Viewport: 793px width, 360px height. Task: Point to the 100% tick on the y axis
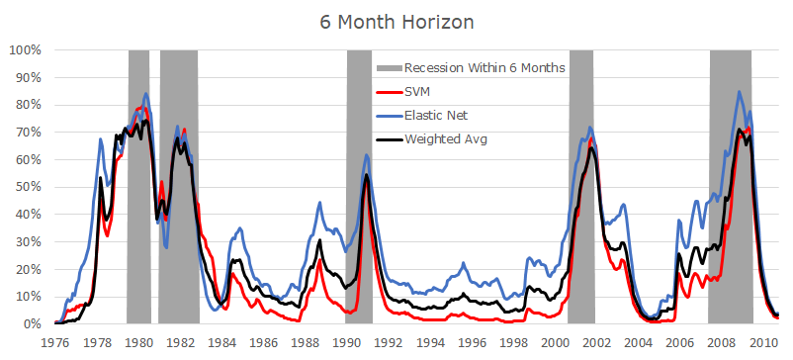tap(24, 49)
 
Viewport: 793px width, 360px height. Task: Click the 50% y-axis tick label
tap(27, 187)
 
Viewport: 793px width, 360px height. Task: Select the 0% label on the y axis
tap(31, 323)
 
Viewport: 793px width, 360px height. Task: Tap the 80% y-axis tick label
tap(27, 105)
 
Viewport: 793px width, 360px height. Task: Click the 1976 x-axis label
tap(55, 342)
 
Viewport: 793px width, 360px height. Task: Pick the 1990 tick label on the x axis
tap(346, 342)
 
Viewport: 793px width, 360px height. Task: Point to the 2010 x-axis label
tap(761, 342)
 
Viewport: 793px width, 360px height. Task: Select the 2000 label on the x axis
tap(554, 342)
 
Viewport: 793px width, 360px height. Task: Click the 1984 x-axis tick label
tap(221, 342)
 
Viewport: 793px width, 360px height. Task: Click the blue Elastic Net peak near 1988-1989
tap(319, 203)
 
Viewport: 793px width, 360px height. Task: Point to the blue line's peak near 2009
tap(739, 92)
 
